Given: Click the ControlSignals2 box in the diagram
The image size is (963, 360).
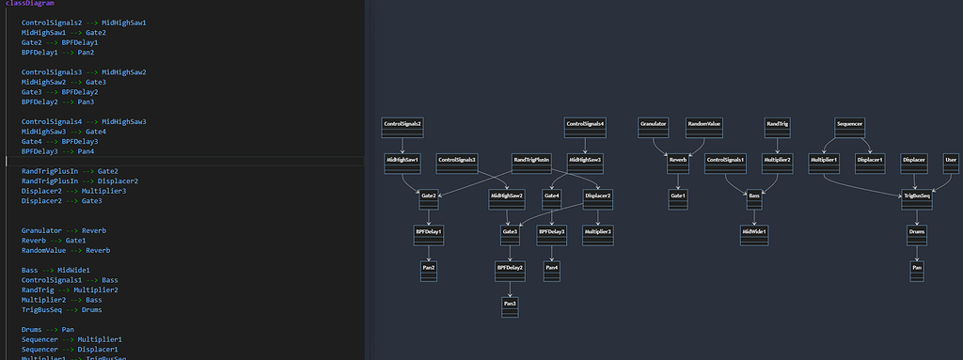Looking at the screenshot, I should pos(402,127).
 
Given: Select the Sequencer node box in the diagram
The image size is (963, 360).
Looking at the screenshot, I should pos(849,127).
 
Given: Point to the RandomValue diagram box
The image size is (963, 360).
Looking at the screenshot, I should pos(703,127).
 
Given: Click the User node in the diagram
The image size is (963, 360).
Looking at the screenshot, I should pos(951,163).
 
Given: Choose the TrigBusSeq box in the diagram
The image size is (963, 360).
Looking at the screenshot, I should pos(917,198).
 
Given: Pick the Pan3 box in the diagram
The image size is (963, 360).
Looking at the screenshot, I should pos(510,307).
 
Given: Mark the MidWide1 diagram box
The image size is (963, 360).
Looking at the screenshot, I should pos(754,234).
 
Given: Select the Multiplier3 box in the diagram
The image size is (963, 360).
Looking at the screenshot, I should pos(598,234).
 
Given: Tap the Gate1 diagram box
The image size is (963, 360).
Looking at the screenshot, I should pos(678,198).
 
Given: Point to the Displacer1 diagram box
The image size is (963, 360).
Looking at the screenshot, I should pos(869,163).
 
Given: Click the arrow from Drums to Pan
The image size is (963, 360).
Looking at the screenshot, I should pos(917,250).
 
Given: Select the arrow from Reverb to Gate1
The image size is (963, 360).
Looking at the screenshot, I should pos(678,179).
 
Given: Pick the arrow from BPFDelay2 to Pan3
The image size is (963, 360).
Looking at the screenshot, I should pos(510,287).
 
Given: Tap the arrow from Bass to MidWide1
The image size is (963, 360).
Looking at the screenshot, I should pos(754,214).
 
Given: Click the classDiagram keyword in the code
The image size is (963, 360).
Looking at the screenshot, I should pos(24,4).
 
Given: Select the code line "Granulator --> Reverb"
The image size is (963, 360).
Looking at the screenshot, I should pos(64,230).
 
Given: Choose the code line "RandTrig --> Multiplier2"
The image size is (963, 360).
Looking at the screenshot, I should pos(71,290).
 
